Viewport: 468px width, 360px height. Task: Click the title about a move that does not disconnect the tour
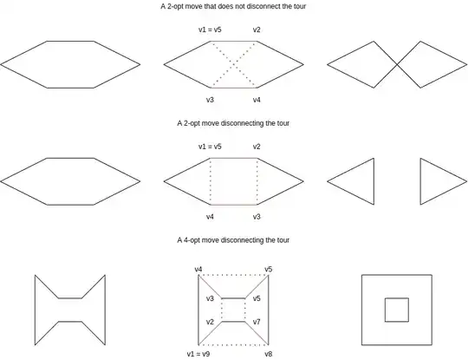pos(233,6)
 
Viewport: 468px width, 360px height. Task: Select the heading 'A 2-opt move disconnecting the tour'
pos(233,123)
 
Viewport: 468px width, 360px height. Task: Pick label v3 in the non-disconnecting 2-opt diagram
pos(211,99)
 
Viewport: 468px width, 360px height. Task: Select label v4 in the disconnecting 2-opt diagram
pos(211,216)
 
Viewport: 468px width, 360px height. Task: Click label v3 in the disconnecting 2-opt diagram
pos(257,216)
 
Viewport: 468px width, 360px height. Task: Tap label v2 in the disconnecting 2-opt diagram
pos(257,147)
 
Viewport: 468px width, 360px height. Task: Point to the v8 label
pos(269,354)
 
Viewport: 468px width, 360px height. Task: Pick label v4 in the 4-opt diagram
pos(199,270)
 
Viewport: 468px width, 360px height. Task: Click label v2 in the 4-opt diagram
pos(210,322)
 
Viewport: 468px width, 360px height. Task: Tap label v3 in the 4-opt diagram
pos(210,298)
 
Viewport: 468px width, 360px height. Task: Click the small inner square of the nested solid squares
pos(396,309)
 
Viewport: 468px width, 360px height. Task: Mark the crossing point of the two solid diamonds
pos(398,64)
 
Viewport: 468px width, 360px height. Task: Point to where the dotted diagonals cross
pos(234,64)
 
